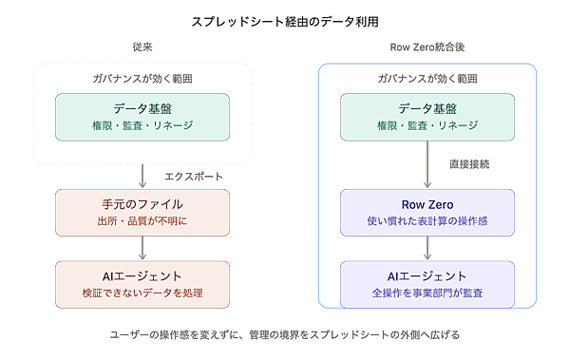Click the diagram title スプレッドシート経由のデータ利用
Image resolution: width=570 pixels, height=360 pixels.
(285, 22)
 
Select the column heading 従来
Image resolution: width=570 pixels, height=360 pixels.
(142, 47)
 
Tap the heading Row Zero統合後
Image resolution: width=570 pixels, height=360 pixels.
(427, 47)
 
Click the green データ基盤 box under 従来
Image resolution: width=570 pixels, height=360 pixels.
(142, 117)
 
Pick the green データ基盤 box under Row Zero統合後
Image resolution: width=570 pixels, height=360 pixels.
(427, 117)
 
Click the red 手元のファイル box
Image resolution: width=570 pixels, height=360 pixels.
(142, 213)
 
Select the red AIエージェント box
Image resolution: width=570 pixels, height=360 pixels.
(142, 285)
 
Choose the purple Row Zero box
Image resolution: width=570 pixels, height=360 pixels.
(427, 213)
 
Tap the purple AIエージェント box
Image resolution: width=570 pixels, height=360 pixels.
(427, 285)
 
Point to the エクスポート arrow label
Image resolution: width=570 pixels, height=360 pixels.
(194, 177)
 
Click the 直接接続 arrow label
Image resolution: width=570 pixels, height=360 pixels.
(469, 164)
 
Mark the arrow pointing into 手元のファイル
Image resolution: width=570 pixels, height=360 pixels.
(142, 176)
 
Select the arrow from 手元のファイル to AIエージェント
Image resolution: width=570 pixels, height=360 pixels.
(142, 248)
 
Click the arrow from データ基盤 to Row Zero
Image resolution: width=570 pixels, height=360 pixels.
(427, 164)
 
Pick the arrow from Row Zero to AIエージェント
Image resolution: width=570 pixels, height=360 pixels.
(427, 248)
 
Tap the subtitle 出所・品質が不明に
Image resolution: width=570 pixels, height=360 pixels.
(142, 221)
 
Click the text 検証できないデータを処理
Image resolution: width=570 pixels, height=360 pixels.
(142, 294)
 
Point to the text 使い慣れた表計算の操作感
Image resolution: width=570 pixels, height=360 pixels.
(427, 221)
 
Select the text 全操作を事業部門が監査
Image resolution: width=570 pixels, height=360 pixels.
(427, 294)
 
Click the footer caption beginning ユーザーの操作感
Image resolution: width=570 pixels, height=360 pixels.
(285, 334)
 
